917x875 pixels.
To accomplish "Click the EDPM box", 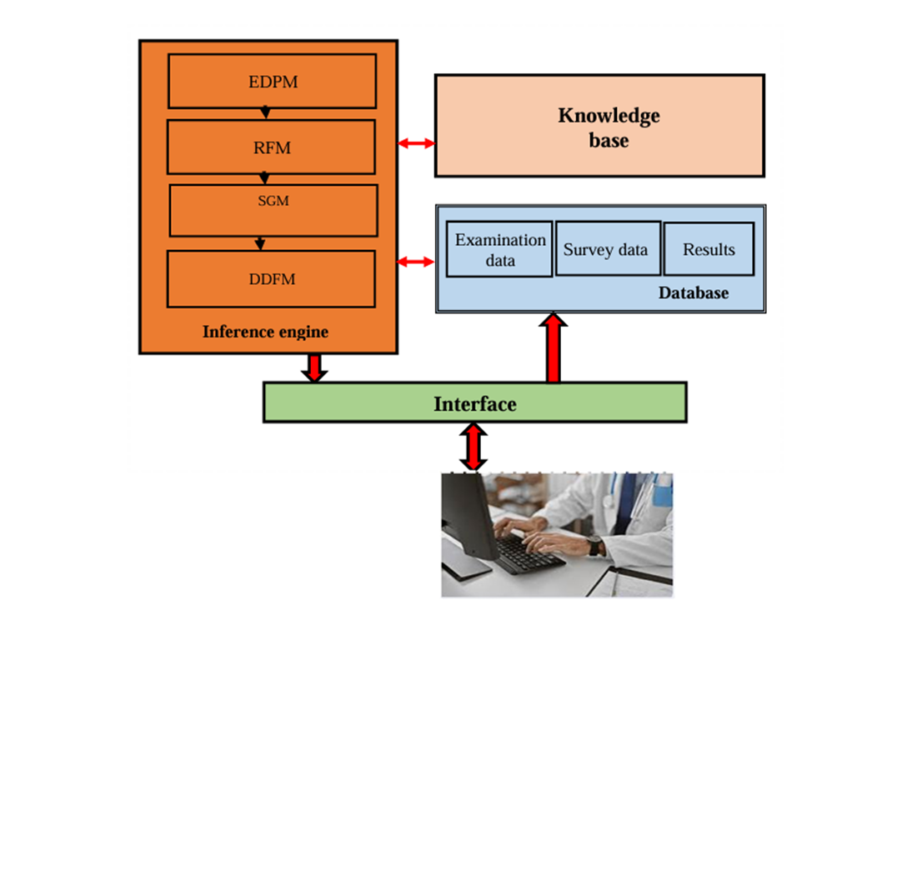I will (x=272, y=81).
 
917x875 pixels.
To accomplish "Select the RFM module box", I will (x=271, y=147).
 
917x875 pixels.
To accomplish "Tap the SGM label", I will (x=273, y=201).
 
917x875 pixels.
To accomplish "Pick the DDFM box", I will (x=271, y=279).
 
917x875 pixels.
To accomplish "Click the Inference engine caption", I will (x=265, y=332).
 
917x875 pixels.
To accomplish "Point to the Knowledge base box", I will (x=599, y=126).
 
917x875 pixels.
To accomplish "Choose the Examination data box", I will (x=499, y=249).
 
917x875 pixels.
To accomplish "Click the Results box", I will (x=709, y=249).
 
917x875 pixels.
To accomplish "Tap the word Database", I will (x=693, y=293).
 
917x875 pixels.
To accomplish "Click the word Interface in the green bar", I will (x=474, y=404).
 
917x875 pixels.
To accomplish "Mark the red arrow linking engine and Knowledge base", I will (x=416, y=144).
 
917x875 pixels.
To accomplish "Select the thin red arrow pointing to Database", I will (x=416, y=262).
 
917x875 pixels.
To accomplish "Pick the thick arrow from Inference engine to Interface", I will (x=314, y=367).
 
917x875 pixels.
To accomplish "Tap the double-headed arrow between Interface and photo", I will (x=474, y=447).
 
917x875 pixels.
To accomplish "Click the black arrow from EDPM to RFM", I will (x=265, y=112).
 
